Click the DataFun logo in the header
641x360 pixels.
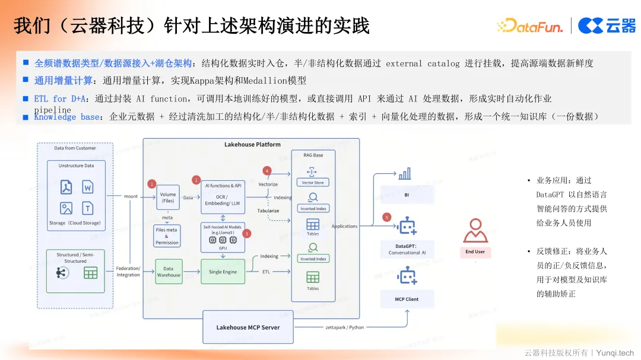pyautogui.click(x=530, y=25)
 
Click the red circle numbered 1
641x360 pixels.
pyautogui.click(x=152, y=184)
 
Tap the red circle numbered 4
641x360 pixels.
pyautogui.click(x=267, y=171)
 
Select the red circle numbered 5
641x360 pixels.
pyautogui.click(x=388, y=217)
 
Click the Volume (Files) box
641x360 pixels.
pyautogui.click(x=168, y=197)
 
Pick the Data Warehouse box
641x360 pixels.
pyautogui.click(x=169, y=272)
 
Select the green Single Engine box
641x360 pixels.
pyautogui.click(x=223, y=272)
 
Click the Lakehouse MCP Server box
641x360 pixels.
pyautogui.click(x=247, y=327)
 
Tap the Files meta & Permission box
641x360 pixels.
pyautogui.click(x=167, y=236)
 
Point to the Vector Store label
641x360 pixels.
pyautogui.click(x=313, y=183)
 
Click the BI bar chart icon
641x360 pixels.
pyautogui.click(x=405, y=174)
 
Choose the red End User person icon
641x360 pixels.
pyautogui.click(x=475, y=230)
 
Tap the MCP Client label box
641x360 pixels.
pyautogui.click(x=407, y=299)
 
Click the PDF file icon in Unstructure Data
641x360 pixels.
pyautogui.click(x=66, y=187)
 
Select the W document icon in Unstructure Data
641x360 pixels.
pyautogui.click(x=87, y=187)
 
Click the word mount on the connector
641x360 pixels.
pyautogui.click(x=131, y=196)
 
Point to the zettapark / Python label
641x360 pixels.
pyautogui.click(x=345, y=327)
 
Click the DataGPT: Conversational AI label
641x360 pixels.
pyautogui.click(x=407, y=249)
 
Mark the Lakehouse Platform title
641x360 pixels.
pyautogui.click(x=252, y=144)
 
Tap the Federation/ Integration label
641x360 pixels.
pyautogui.click(x=128, y=272)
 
